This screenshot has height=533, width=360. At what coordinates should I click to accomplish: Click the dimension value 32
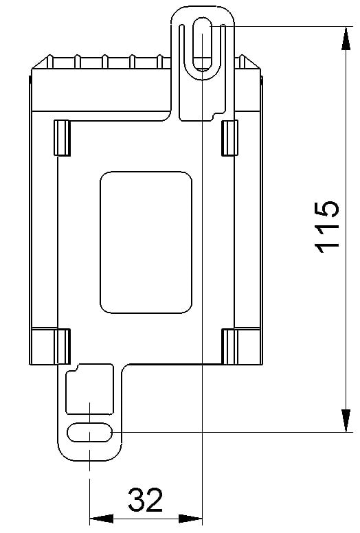point(146,500)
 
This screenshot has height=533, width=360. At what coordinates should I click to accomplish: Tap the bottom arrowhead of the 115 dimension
point(343,422)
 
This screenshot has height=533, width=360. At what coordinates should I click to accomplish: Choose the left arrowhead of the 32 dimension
point(100,519)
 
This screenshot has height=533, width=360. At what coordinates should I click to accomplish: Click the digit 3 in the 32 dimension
point(136,500)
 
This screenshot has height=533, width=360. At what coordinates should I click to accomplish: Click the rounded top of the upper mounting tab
point(203,9)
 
